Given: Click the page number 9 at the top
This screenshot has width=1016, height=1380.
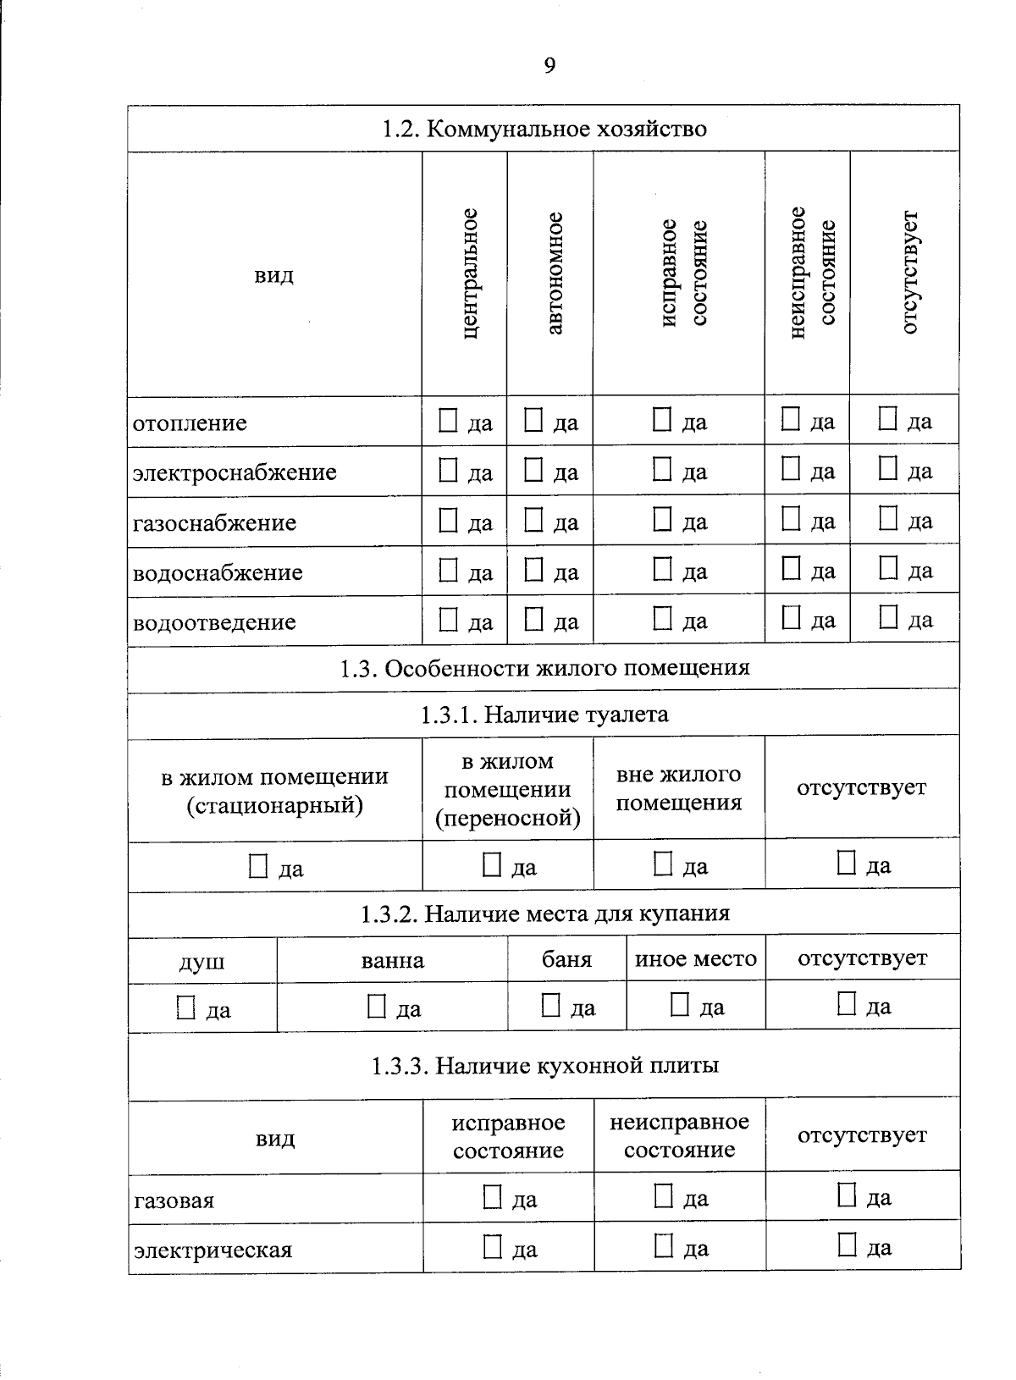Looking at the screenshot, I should point(549,66).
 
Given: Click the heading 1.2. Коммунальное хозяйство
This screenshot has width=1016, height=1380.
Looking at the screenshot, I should point(544,130).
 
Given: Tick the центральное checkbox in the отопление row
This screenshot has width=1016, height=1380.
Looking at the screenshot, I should point(448,421).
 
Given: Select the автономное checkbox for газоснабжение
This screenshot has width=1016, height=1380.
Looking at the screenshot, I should point(533,521).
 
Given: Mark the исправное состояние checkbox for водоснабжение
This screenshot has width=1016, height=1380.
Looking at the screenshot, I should point(662,571).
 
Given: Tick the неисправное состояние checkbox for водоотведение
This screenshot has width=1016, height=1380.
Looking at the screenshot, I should point(791,619).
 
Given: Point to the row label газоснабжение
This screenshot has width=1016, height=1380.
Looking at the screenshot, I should point(214,522).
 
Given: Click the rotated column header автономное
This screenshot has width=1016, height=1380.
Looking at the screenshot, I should point(554,273).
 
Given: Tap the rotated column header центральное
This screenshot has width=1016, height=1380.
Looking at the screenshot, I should point(470,273).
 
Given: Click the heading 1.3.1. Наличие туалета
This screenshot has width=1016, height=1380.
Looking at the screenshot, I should point(544,715).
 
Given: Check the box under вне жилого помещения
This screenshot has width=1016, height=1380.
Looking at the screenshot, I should point(663,864).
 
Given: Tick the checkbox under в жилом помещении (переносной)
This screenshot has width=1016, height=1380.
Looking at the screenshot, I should point(491,865).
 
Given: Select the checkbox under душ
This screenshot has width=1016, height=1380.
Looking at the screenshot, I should point(185,1008).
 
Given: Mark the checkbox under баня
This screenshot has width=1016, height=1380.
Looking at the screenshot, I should point(550,1007).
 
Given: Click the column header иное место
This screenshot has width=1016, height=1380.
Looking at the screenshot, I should point(695,959).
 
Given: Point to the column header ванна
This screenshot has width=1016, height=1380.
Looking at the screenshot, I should point(392,961).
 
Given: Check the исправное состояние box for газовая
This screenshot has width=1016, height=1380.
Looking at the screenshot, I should point(492,1197).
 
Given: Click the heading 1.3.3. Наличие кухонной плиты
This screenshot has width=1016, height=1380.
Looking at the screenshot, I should point(544,1066).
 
